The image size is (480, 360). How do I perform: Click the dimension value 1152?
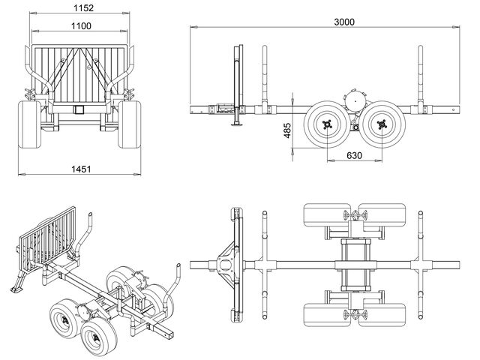pos(82,8)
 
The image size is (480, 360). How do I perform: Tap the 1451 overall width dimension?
pos(80,169)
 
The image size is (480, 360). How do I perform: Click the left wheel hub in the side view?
pos(326,124)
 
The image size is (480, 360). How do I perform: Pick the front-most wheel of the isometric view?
pos(95,340)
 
